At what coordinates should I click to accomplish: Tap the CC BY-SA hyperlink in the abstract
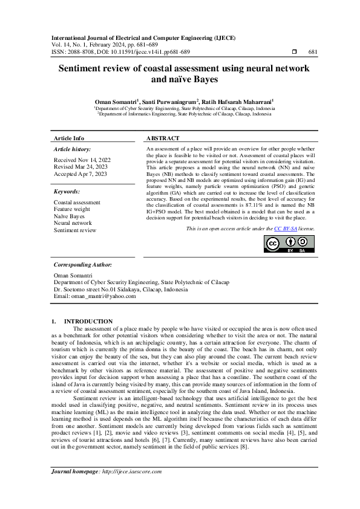(x=285, y=229)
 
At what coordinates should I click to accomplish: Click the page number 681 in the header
(x=313, y=52)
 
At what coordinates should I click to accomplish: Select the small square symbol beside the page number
(x=294, y=52)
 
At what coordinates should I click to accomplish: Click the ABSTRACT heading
(x=163, y=138)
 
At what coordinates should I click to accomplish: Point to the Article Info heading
(x=69, y=138)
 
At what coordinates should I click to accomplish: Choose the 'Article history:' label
(x=73, y=149)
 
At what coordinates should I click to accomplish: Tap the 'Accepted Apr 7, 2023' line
(x=80, y=173)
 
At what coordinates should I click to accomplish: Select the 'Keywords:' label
(x=67, y=192)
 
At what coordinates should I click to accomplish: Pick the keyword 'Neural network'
(x=73, y=223)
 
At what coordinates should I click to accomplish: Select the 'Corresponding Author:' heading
(x=83, y=265)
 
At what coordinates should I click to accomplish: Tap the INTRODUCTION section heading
(x=88, y=321)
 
